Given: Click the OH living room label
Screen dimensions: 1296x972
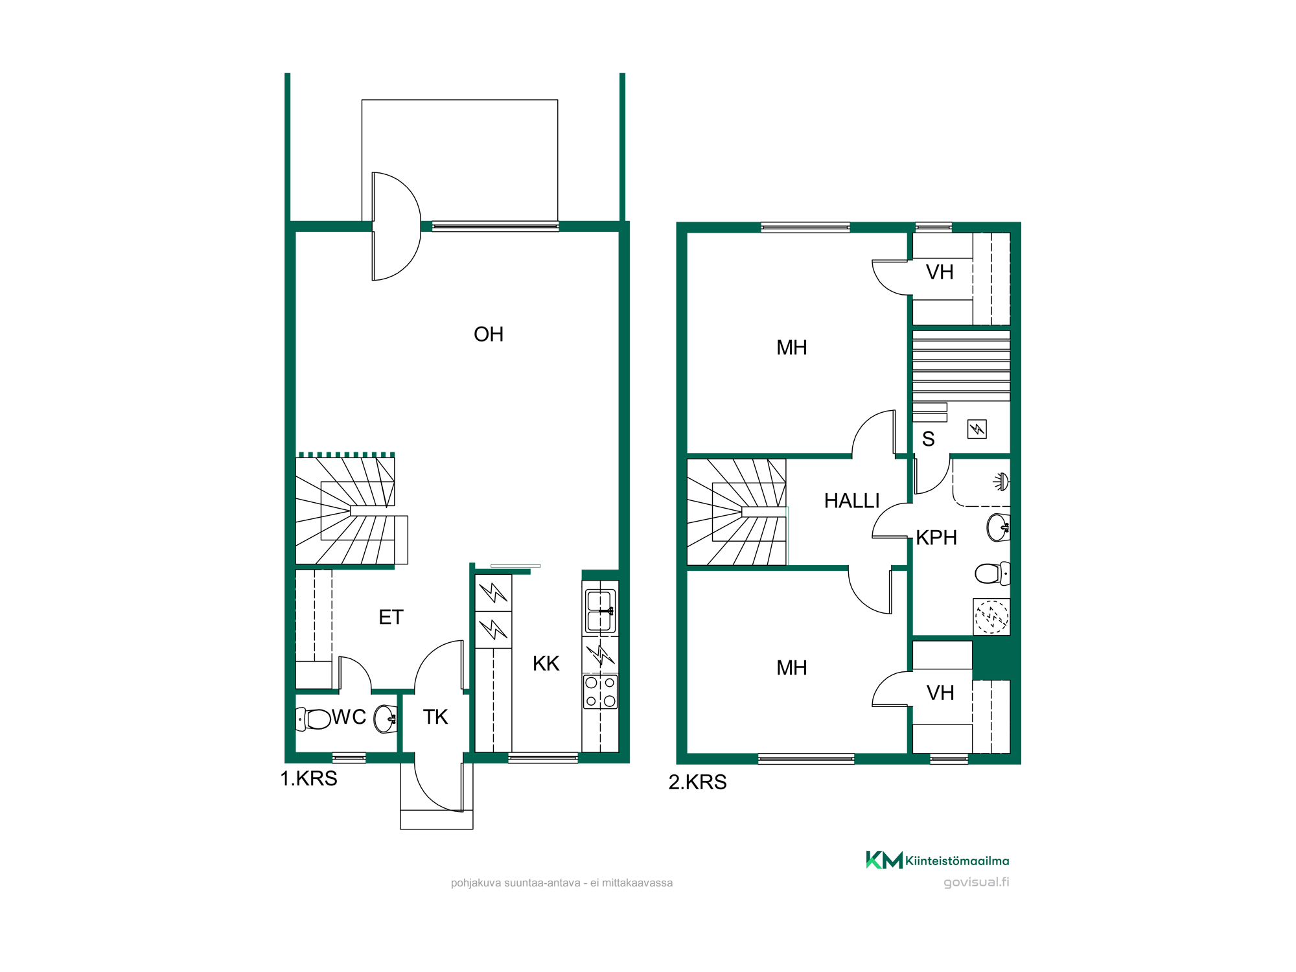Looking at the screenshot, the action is tap(489, 334).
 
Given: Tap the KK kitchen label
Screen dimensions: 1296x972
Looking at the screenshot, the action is tap(546, 664).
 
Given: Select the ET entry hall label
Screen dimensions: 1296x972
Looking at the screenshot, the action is tap(391, 618).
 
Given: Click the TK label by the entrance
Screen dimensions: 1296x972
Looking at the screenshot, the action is tap(435, 717).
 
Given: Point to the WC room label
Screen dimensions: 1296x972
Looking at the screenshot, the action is tap(349, 717).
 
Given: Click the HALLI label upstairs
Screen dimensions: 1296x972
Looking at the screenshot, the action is tap(851, 501).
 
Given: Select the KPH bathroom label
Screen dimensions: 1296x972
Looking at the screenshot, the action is tap(936, 538).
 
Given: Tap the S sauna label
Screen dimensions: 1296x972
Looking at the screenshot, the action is tap(928, 439).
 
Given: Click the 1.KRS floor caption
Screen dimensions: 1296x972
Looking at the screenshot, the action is tap(308, 779).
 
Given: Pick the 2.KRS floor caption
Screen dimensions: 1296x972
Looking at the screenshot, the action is tap(697, 783).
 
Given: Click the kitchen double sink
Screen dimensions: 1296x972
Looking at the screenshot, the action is tap(601, 611).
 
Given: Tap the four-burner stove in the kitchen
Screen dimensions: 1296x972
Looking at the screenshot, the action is tap(601, 692).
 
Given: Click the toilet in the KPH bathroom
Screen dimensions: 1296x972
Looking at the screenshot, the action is tap(992, 573).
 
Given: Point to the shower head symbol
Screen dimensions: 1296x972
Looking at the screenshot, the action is tap(1001, 481).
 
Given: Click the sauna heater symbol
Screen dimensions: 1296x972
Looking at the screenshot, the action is tap(977, 429).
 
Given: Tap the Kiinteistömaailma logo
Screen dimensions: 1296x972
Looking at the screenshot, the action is tap(938, 861).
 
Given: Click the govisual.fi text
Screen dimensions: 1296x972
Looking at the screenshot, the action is tap(977, 882).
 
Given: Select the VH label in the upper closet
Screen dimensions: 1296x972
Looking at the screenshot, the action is tap(940, 272).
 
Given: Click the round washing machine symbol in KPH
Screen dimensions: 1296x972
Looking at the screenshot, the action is tap(992, 616).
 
